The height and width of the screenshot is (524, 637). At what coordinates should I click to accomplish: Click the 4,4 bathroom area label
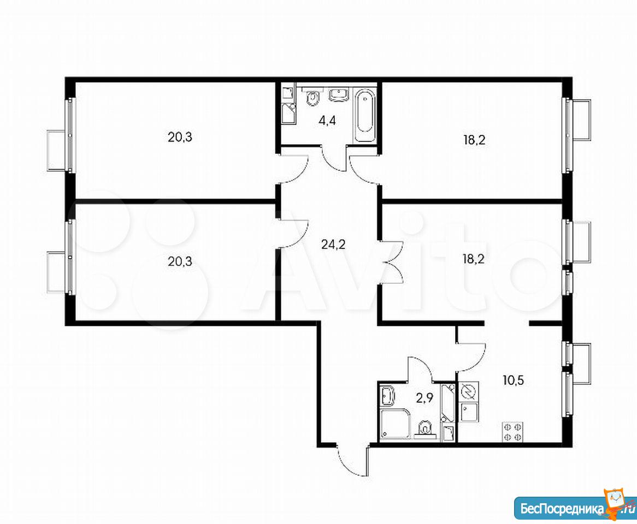coord(327,121)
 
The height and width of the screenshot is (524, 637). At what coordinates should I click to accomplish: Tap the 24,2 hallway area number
coord(333,244)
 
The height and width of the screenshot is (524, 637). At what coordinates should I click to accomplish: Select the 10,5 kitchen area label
coord(513,381)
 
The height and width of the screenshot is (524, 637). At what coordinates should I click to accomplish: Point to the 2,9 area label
coord(424,398)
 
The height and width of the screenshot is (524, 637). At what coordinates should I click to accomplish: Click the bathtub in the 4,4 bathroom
coord(364,115)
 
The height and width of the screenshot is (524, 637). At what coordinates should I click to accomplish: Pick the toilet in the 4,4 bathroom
coord(312,97)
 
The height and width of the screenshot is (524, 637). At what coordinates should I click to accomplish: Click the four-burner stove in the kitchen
coord(512,432)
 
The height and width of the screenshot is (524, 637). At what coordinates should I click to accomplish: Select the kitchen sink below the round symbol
coord(468,413)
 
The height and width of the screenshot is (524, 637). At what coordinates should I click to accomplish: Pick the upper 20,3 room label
coord(180,138)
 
